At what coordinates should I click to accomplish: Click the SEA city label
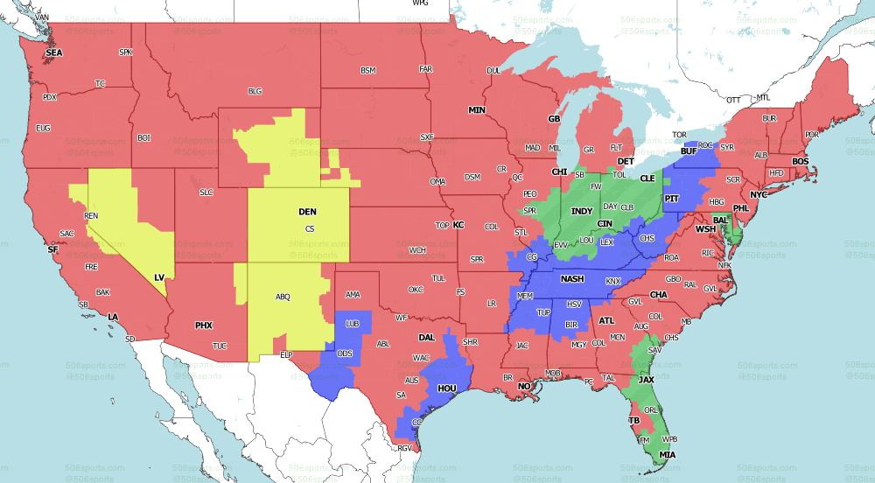click(x=54, y=52)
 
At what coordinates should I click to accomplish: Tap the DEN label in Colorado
click(x=308, y=212)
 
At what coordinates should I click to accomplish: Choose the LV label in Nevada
click(x=159, y=276)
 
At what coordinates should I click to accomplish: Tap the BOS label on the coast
click(x=801, y=162)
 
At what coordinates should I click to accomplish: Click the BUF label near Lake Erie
click(x=688, y=151)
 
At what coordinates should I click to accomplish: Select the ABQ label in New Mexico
click(x=283, y=297)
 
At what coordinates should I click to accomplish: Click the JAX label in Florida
click(x=647, y=380)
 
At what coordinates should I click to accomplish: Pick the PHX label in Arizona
click(x=203, y=325)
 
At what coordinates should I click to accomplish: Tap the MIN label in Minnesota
click(x=476, y=110)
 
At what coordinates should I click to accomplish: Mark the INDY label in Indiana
click(x=582, y=212)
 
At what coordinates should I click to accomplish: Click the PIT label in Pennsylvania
click(x=672, y=199)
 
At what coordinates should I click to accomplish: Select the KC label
click(x=458, y=225)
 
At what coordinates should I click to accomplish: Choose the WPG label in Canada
click(x=420, y=3)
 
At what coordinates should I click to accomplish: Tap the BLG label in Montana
click(x=255, y=90)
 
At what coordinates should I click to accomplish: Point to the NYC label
click(x=759, y=194)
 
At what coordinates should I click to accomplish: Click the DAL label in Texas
click(x=427, y=337)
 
